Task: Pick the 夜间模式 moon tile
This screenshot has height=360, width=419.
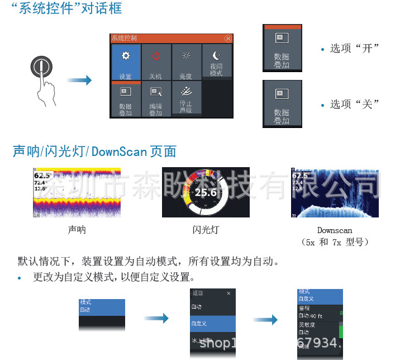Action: point(217,61)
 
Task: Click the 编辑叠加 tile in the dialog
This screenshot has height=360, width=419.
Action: point(156,100)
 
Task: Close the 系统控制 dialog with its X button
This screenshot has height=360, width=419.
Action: point(227,39)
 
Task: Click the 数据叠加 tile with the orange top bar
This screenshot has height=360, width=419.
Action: point(282,49)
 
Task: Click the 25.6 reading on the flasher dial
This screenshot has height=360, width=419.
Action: point(205,193)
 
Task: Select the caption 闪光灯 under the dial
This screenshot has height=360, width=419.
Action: point(206,230)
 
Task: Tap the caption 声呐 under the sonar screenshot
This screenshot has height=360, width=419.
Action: point(77,230)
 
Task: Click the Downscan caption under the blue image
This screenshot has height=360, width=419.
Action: point(335,230)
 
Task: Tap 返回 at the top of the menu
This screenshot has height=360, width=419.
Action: point(198,293)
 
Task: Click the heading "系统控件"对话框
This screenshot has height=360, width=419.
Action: point(66,10)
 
